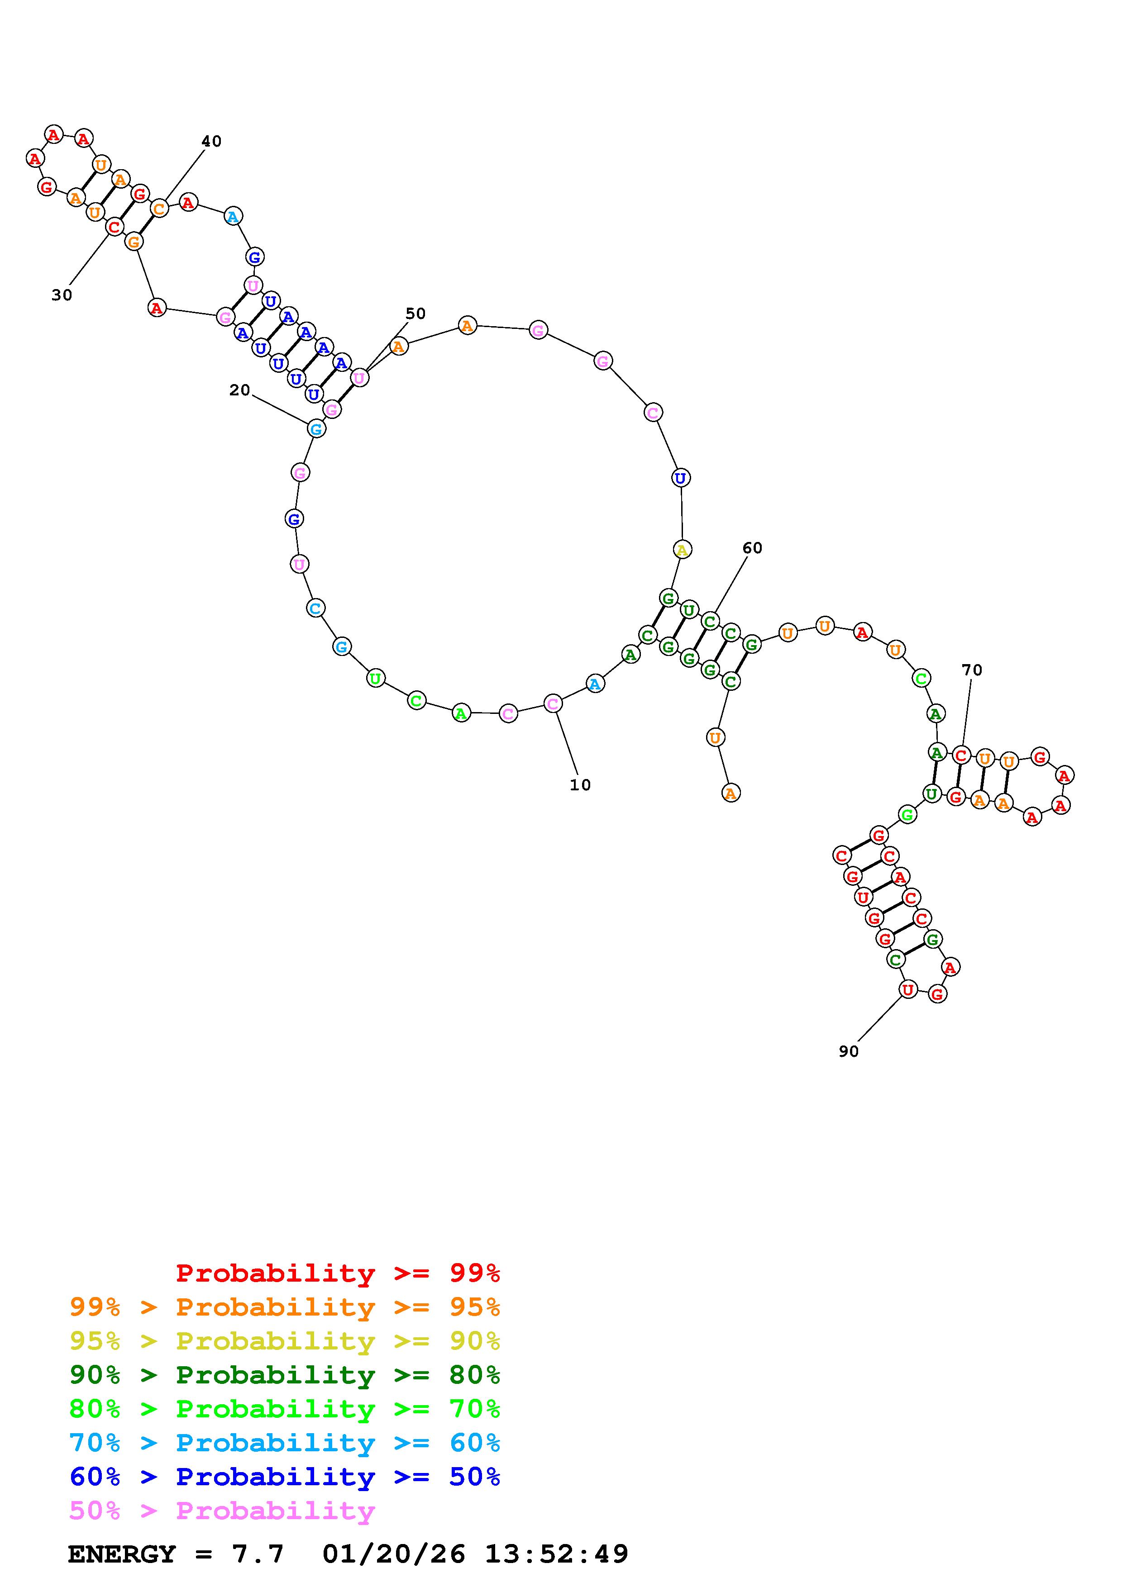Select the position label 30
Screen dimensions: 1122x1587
tap(62, 295)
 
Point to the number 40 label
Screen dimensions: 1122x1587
tap(211, 141)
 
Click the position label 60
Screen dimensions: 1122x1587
tap(752, 548)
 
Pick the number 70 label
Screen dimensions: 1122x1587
tap(972, 670)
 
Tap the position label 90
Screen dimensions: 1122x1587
tap(848, 1051)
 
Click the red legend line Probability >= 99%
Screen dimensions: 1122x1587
tap(338, 1273)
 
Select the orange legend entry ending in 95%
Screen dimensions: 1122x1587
tap(285, 1307)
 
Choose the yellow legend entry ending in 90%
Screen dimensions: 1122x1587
tap(285, 1341)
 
